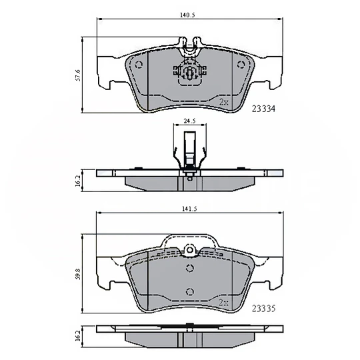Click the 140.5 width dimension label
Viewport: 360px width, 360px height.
tap(187, 15)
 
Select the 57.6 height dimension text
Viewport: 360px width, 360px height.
tap(78, 75)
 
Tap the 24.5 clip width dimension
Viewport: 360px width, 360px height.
tap(189, 121)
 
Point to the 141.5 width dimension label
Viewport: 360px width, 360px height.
tap(189, 209)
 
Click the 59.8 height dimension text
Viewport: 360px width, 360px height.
tap(78, 274)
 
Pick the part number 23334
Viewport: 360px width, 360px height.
tap(263, 109)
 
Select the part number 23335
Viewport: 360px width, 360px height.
tap(263, 309)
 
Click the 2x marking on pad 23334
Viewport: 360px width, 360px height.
tap(224, 102)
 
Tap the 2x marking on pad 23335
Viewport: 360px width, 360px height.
tap(224, 302)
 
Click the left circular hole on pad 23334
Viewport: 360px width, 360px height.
tap(139, 65)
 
